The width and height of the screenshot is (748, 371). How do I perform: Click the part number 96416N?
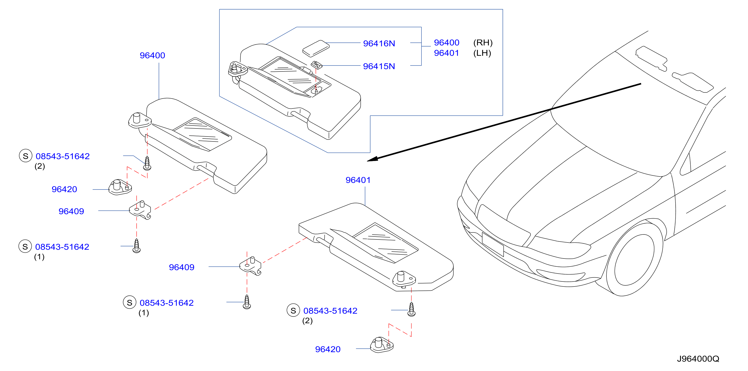tap(379, 43)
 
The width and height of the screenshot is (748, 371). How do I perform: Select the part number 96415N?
tap(379, 66)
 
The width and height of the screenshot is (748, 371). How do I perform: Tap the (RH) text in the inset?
tap(483, 43)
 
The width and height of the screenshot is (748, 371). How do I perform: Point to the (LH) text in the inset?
tap(482, 53)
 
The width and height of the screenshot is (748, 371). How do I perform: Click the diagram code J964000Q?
tap(698, 359)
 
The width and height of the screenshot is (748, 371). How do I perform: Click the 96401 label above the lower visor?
tap(358, 180)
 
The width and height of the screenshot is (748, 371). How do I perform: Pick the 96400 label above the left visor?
tap(153, 55)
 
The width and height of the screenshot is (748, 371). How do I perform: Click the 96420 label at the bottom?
tap(328, 349)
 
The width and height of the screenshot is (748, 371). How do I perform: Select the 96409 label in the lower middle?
tap(182, 267)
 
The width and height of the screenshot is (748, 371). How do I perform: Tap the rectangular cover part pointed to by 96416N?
tap(316, 48)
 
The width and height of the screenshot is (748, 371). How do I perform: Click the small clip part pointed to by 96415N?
tap(317, 65)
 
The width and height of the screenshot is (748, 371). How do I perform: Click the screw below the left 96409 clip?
tap(137, 246)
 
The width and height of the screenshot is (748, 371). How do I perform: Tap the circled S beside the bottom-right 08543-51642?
tap(293, 310)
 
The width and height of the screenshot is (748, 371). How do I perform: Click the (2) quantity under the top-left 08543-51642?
tap(40, 166)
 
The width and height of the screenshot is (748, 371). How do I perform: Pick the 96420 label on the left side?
tap(64, 189)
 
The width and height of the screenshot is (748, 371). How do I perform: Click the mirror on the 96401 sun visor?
tap(385, 243)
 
